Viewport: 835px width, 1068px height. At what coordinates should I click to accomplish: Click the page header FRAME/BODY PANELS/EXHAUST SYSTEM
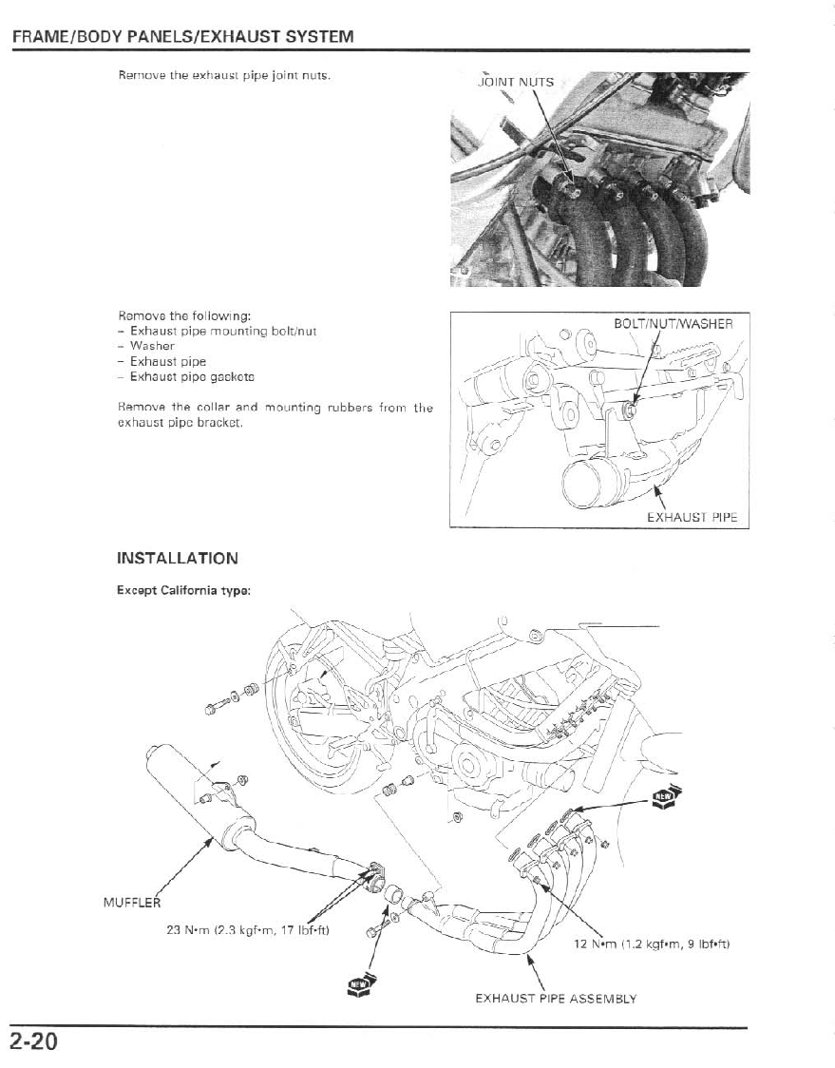[182, 37]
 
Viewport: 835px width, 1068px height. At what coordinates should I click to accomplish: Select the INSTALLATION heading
[178, 558]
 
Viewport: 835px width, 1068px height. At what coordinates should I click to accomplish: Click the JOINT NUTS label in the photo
[514, 83]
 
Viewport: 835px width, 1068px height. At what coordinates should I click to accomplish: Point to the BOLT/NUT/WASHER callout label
[674, 324]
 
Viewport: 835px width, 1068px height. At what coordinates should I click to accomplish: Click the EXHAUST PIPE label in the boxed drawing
[692, 518]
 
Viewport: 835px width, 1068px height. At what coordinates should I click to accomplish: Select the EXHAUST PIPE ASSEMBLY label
[556, 999]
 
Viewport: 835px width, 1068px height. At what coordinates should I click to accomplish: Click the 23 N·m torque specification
[247, 929]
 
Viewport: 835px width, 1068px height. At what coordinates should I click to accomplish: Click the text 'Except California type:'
[184, 590]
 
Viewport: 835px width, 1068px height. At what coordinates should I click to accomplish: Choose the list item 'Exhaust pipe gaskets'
[185, 377]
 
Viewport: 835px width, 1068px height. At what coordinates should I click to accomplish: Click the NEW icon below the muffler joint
[359, 985]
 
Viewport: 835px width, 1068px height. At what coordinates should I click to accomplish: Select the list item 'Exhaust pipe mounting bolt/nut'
[212, 332]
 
